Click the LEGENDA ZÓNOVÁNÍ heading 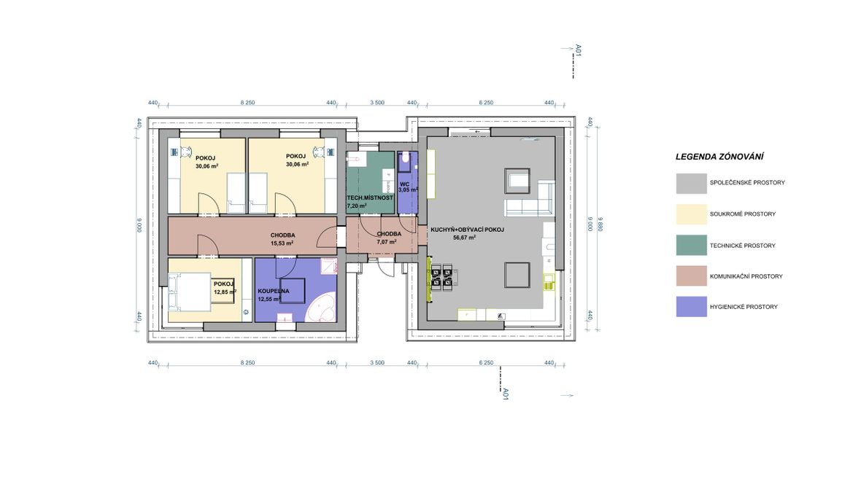(719, 157)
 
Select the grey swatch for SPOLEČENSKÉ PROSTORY (691, 183)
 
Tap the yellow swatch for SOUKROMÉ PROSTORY (691, 214)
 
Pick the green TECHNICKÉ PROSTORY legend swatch (691, 246)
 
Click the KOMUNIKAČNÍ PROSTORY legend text (746, 276)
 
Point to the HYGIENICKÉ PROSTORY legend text (744, 308)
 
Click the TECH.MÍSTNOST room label (369, 198)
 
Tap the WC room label (404, 184)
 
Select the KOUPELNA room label (274, 292)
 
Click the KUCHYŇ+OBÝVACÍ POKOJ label (467, 230)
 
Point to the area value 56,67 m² (464, 238)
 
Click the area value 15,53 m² (282, 243)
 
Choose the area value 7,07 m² (387, 242)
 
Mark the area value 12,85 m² (225, 292)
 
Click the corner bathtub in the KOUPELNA (320, 309)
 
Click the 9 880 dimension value (601, 224)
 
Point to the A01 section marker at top (578, 50)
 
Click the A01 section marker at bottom (506, 394)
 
